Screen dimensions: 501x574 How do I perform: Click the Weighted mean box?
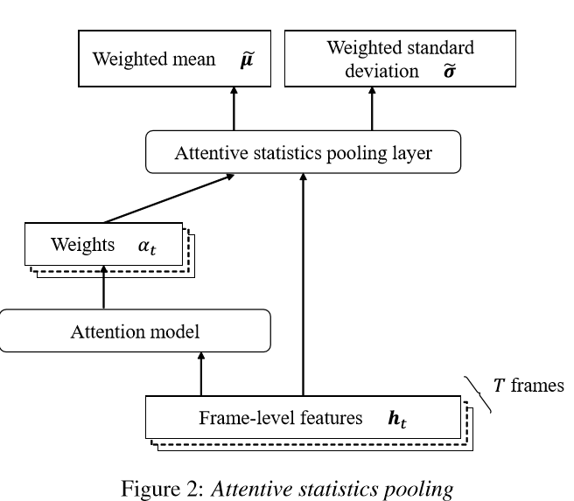[167, 61]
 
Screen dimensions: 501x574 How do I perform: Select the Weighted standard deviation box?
[373, 61]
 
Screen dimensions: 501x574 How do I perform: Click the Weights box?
[104, 245]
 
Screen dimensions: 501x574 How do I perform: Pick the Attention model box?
[135, 331]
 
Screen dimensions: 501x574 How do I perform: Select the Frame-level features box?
[302, 419]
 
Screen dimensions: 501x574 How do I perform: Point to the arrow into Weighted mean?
[234, 108]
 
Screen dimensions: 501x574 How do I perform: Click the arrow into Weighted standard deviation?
[373, 108]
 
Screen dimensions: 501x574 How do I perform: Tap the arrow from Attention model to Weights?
[104, 288]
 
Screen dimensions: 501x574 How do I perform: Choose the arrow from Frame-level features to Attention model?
[202, 373]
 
